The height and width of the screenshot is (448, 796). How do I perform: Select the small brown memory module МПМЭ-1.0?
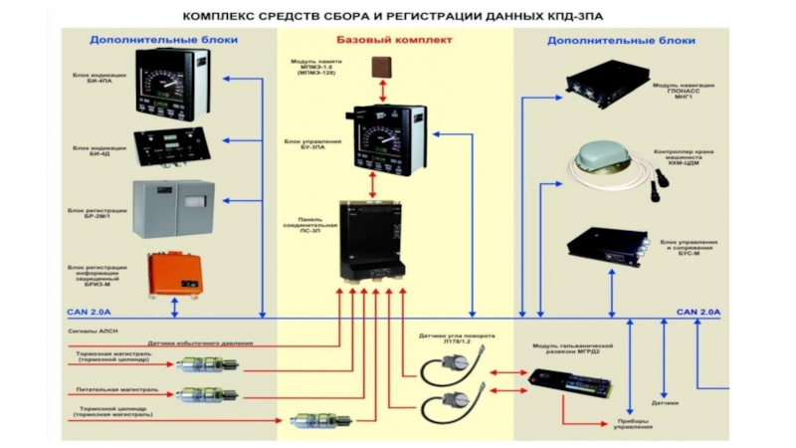[381, 68]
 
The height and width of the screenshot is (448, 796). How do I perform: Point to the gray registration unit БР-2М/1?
[173, 208]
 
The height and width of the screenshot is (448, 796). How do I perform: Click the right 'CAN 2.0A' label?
[697, 313]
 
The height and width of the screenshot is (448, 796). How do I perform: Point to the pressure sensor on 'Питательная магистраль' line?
[204, 394]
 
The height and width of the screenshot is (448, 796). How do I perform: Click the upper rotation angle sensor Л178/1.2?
[446, 369]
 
